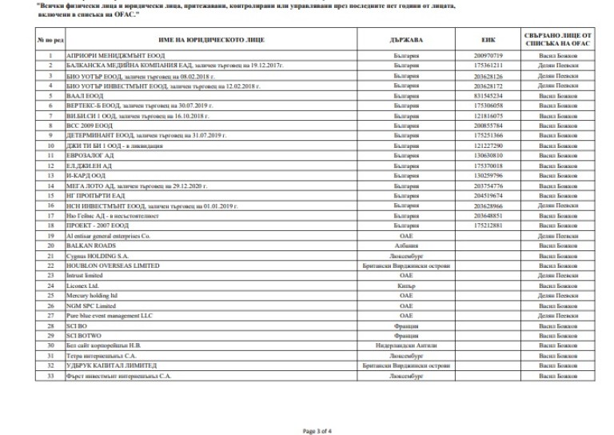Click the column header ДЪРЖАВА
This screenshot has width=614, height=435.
406,38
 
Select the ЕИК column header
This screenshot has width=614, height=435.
488,38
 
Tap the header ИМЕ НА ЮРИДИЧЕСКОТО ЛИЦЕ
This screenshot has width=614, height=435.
207,38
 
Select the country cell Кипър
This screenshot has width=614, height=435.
406,285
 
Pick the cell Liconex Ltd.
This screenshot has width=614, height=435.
81,285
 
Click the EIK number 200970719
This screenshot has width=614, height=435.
488,55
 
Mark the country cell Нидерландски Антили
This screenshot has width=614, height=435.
406,345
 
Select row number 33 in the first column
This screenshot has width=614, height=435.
50,375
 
